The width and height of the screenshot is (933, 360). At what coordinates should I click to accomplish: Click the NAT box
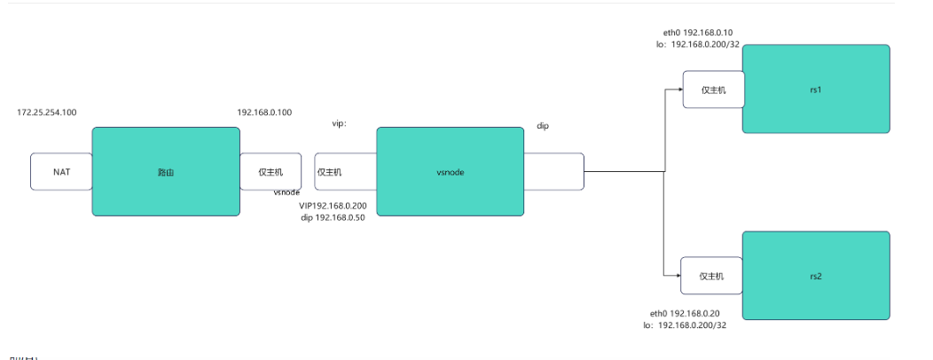pyautogui.click(x=61, y=171)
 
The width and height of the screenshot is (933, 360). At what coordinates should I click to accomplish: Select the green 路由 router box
pyautogui.click(x=166, y=171)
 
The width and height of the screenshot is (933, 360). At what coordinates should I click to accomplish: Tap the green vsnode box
pyautogui.click(x=450, y=171)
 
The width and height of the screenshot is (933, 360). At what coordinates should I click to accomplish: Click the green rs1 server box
pyautogui.click(x=816, y=89)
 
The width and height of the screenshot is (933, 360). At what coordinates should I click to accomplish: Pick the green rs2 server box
pyautogui.click(x=816, y=276)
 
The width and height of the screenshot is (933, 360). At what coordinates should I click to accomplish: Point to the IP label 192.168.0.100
pyautogui.click(x=264, y=113)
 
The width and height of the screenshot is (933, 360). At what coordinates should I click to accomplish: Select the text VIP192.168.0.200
pyautogui.click(x=333, y=205)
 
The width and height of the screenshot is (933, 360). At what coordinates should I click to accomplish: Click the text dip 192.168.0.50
pyautogui.click(x=333, y=217)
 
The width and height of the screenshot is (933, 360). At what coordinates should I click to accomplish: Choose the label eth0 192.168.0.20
pyautogui.click(x=685, y=313)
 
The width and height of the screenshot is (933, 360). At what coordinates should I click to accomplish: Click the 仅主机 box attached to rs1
pyautogui.click(x=712, y=90)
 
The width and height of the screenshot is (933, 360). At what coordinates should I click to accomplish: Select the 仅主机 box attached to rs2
pyautogui.click(x=711, y=276)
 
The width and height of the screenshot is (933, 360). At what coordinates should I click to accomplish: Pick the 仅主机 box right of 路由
pyautogui.click(x=270, y=171)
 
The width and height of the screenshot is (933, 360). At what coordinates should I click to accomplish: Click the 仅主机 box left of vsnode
pyautogui.click(x=346, y=171)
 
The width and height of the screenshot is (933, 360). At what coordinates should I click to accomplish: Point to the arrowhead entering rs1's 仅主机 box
pyautogui.click(x=678, y=90)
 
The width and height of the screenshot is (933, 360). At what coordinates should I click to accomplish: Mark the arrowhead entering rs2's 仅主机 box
pyautogui.click(x=676, y=276)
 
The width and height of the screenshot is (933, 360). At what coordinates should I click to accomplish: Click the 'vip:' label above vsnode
pyautogui.click(x=339, y=124)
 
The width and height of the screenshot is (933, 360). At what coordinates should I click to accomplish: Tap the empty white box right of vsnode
pyautogui.click(x=553, y=171)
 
